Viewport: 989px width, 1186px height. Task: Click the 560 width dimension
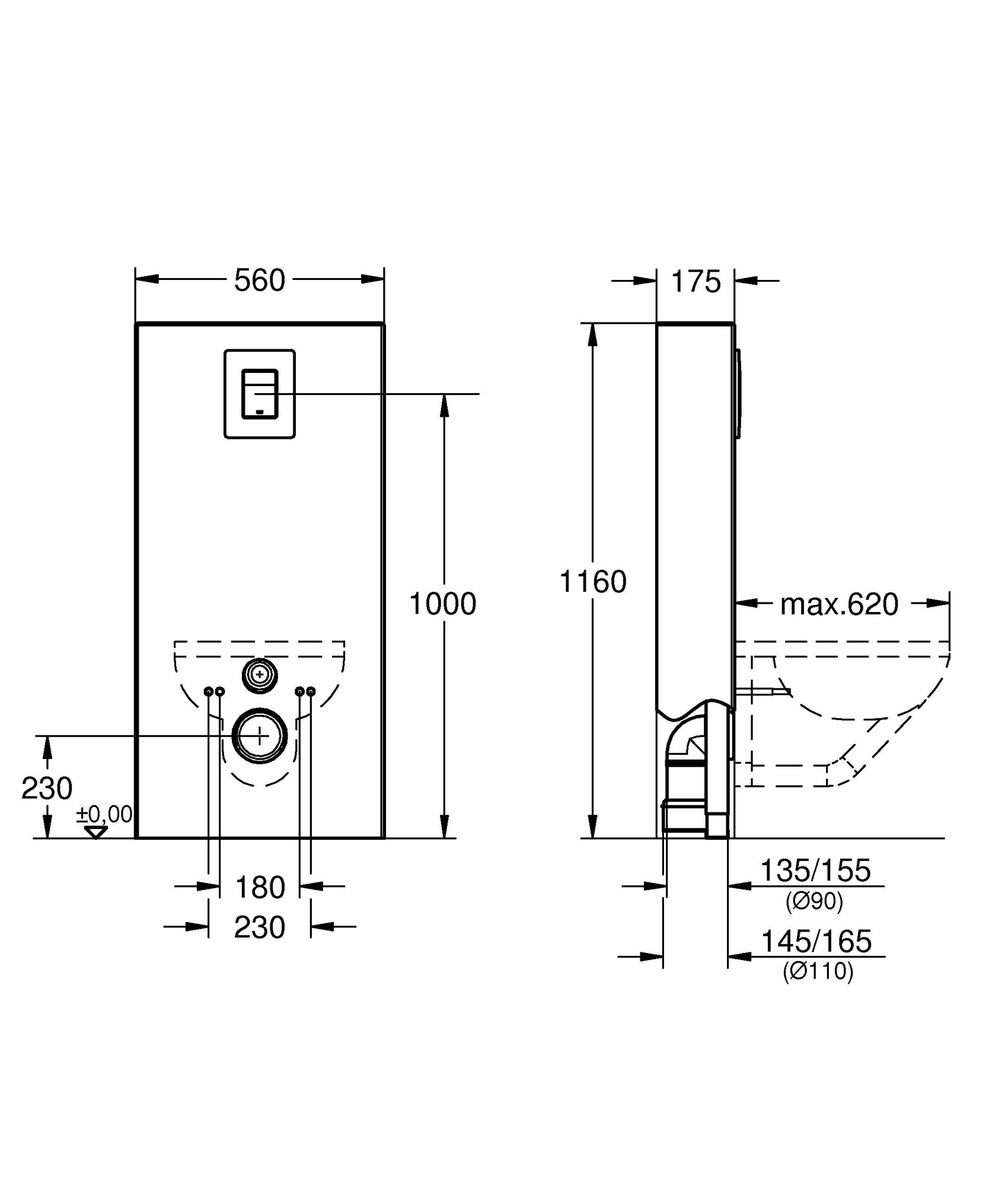[x=260, y=280]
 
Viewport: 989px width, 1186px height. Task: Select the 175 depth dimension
[x=696, y=282]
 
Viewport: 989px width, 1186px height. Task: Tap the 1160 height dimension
[x=593, y=582]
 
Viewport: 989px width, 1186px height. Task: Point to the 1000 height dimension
[x=442, y=604]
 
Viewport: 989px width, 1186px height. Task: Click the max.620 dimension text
[x=839, y=604]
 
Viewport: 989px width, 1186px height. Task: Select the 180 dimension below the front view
[x=260, y=888]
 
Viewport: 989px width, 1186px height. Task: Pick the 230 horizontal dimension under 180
[x=260, y=927]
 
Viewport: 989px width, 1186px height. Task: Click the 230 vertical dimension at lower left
[x=47, y=788]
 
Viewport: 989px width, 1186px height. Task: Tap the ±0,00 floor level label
[x=104, y=815]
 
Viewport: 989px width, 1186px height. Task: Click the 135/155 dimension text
[x=815, y=871]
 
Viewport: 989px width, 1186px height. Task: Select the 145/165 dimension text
[x=816, y=941]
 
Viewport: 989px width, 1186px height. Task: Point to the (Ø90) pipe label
[x=814, y=901]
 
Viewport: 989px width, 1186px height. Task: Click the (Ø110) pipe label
[x=818, y=971]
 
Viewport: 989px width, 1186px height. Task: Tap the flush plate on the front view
[x=260, y=394]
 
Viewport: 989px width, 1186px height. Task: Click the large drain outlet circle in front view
[x=260, y=735]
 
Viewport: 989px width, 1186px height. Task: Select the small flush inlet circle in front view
[x=260, y=674]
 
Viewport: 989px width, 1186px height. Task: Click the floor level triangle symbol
[x=95, y=832]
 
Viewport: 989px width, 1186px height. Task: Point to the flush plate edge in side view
[x=738, y=394]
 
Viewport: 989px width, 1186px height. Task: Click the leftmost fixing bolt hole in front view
[x=209, y=691]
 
